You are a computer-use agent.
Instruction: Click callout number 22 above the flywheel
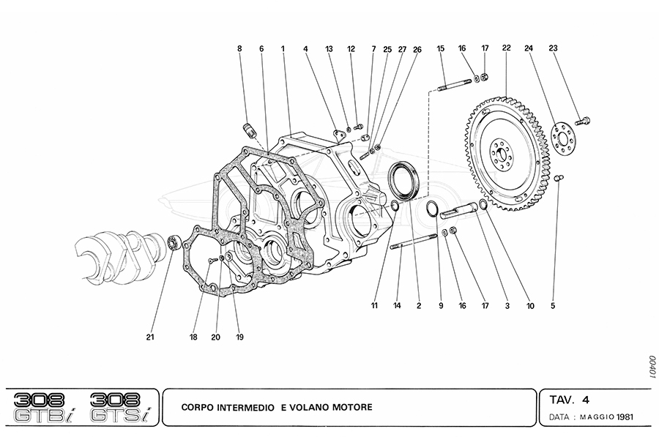point(506,48)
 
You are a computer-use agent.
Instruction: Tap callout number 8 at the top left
point(239,49)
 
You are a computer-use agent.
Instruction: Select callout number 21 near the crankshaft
point(149,337)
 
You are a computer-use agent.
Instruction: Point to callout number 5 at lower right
point(554,305)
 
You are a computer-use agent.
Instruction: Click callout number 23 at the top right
point(554,48)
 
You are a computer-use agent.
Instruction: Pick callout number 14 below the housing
point(398,305)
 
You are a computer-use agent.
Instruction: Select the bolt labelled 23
point(584,119)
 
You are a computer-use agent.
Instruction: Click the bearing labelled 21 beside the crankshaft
point(174,241)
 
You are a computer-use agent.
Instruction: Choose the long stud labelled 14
point(414,241)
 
